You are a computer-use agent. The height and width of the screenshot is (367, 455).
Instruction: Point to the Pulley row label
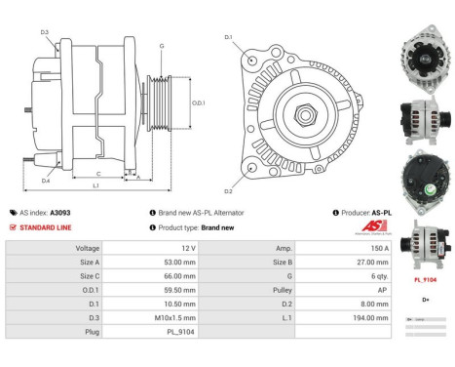[x=281, y=290]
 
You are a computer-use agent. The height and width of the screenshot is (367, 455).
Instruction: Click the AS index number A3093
[x=60, y=212]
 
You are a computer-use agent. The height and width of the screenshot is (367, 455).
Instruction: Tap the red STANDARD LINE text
[x=47, y=227]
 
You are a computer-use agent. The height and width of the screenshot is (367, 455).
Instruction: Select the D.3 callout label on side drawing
[x=45, y=33]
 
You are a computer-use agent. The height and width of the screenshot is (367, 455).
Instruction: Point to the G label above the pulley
[x=162, y=45]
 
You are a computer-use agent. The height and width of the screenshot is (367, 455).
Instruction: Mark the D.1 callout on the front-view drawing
[x=228, y=38]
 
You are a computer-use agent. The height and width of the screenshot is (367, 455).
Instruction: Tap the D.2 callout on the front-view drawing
[x=228, y=191]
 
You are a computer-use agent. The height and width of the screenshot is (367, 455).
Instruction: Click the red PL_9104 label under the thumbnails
[x=424, y=279]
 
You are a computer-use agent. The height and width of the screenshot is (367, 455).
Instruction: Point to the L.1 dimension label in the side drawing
[x=95, y=185]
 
